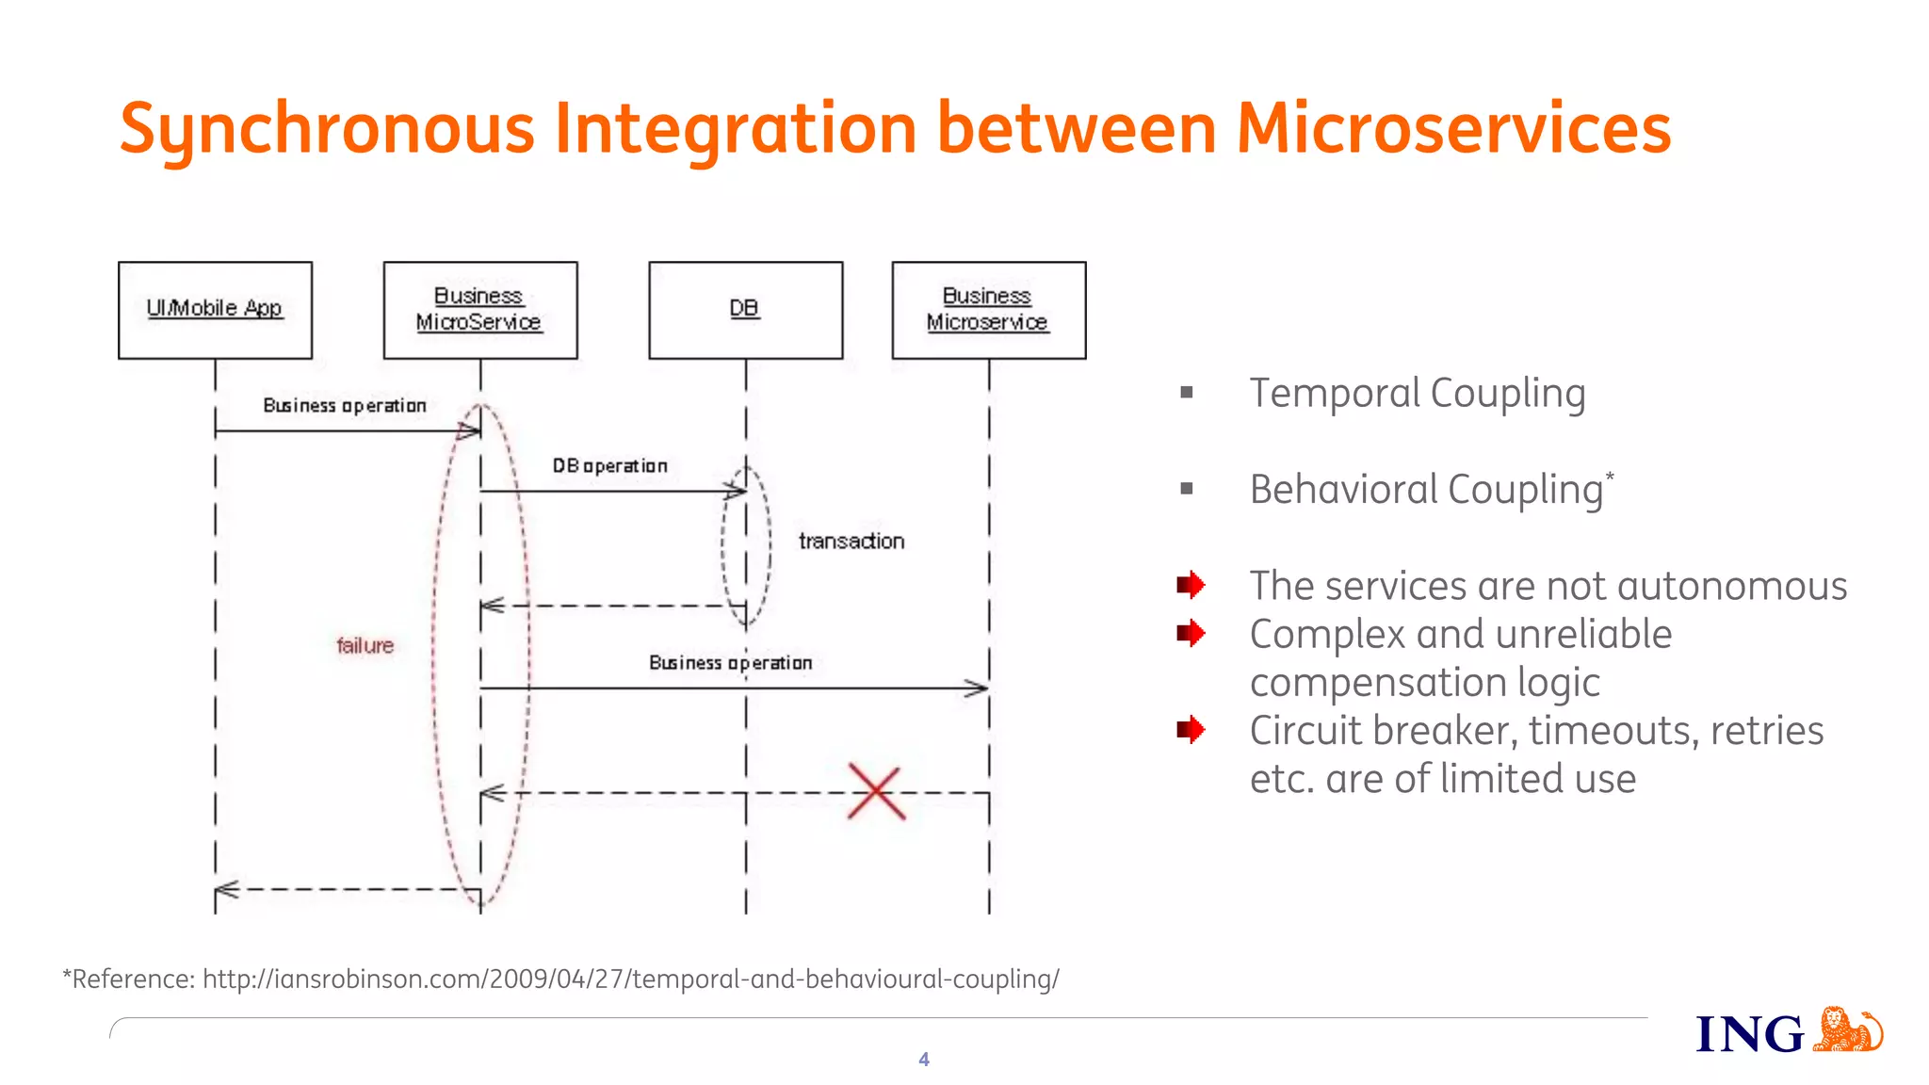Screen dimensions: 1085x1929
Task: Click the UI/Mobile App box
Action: (215, 310)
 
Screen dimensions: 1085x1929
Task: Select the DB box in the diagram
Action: (745, 310)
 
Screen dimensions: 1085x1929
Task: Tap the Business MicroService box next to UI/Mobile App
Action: (479, 310)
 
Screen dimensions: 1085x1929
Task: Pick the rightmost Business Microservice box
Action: (988, 310)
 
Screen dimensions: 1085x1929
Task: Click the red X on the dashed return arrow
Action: (876, 792)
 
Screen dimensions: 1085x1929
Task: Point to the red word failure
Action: (365, 646)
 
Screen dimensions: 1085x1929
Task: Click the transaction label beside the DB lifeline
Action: (851, 542)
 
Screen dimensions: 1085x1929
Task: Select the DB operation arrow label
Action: (609, 466)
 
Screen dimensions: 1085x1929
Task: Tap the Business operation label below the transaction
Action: (730, 663)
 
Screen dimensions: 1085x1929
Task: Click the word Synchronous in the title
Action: (327, 130)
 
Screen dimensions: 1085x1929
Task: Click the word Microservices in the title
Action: (1452, 130)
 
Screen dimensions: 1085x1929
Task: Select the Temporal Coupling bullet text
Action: (1417, 394)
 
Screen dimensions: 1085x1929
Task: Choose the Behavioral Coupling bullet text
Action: (1426, 490)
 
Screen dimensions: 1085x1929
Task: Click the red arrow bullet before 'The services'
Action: (1191, 585)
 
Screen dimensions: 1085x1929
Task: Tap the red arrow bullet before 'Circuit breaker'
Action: (1191, 729)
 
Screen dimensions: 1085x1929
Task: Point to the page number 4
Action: (924, 1060)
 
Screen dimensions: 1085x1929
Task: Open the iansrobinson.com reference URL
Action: (631, 980)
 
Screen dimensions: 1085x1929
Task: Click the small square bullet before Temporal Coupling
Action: (1187, 393)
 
